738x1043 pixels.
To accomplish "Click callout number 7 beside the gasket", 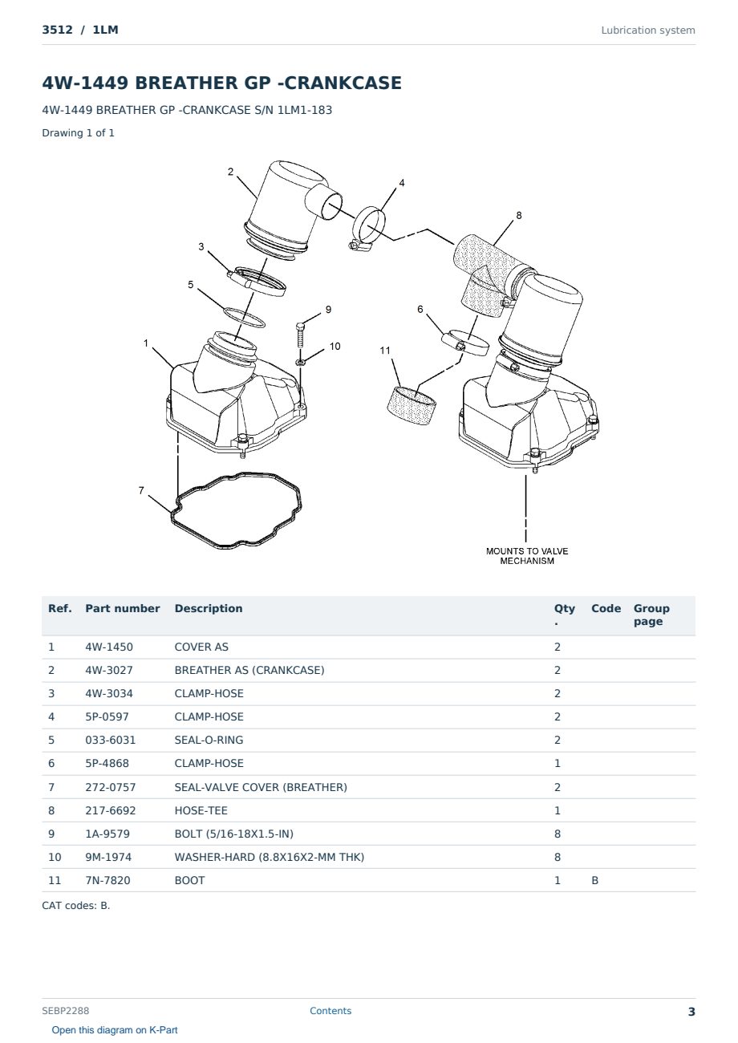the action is click(141, 490).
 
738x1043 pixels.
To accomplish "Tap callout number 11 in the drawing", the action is click(384, 350).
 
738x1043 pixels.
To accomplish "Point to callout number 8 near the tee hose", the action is click(519, 216).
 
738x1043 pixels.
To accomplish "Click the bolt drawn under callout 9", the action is click(300, 335).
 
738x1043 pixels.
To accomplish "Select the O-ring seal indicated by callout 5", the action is click(245, 318).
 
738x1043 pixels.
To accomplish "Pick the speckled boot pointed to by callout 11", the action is click(412, 405).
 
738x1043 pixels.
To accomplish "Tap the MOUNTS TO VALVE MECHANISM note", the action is click(526, 556).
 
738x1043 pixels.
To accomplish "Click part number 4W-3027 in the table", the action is click(108, 670).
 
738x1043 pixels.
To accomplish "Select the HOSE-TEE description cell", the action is click(201, 810).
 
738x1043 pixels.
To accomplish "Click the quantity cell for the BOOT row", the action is click(558, 880).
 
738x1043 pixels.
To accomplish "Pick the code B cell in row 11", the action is click(594, 880).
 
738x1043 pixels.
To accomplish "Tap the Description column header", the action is click(208, 608).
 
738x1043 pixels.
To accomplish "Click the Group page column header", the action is click(651, 615).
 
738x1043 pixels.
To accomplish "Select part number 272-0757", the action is click(111, 787).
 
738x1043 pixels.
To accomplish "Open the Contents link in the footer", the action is click(330, 1011).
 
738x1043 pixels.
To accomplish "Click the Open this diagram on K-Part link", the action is click(115, 1030).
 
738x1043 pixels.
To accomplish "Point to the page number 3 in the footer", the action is click(691, 1012).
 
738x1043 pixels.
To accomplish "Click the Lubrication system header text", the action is click(648, 30).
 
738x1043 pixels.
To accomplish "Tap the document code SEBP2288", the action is click(65, 1011).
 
